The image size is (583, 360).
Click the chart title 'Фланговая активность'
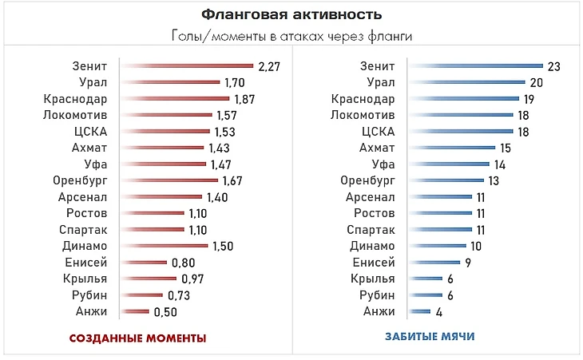click(x=291, y=14)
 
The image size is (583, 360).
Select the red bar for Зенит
click(x=186, y=65)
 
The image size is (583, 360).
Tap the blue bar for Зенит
click(x=474, y=65)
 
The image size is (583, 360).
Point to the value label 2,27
click(x=269, y=65)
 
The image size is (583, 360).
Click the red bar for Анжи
click(x=134, y=311)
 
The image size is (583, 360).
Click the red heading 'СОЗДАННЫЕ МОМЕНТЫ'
click(x=137, y=338)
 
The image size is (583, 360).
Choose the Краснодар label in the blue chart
click(x=363, y=98)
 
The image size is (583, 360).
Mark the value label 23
click(x=553, y=66)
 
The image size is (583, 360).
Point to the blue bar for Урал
click(x=466, y=82)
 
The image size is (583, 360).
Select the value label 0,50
click(x=165, y=311)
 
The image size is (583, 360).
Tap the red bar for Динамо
click(x=164, y=246)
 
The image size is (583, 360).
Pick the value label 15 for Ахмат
click(x=505, y=148)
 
